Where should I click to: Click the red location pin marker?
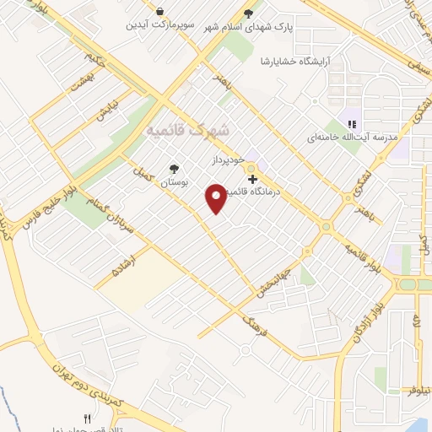tap(217, 198)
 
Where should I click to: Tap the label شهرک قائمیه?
tap(186, 131)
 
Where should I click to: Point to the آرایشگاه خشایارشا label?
tap(286, 61)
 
